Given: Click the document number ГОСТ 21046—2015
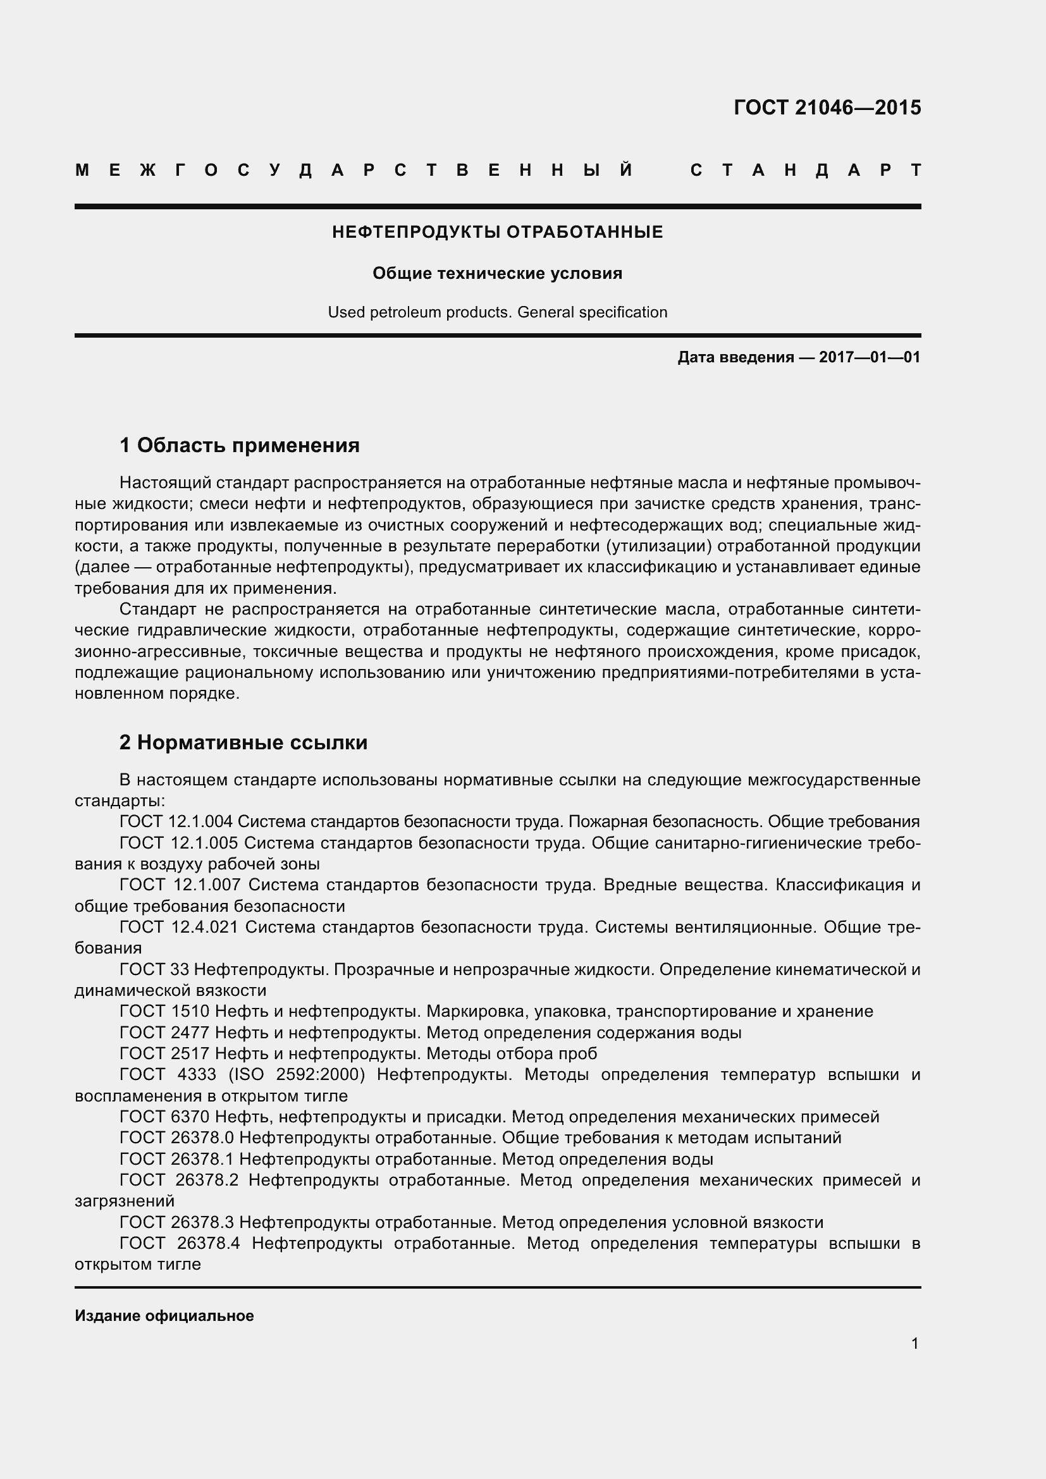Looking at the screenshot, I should coord(827,107).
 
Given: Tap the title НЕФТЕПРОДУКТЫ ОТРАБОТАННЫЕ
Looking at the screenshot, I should coord(497,232).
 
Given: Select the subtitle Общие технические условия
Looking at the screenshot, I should coord(497,273).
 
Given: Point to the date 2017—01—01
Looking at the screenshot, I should coord(870,357).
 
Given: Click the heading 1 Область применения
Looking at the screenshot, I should coord(240,445).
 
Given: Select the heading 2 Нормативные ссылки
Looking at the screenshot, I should coord(243,743).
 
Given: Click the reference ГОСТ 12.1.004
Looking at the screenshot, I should coord(176,821).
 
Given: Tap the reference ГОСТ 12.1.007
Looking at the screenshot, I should coord(176,885).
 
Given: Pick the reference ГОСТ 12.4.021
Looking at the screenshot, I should coord(176,927).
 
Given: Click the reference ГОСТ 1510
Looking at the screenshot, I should coord(164,1010).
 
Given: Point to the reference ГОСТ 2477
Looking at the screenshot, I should coord(164,1032).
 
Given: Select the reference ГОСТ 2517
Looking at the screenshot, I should coord(164,1053).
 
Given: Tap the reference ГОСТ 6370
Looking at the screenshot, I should coord(164,1116).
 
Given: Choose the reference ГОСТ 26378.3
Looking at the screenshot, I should coord(176,1222).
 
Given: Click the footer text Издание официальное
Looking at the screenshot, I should coord(164,1315).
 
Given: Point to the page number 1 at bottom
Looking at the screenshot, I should coord(914,1343).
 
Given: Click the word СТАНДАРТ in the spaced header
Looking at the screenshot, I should coord(805,171).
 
